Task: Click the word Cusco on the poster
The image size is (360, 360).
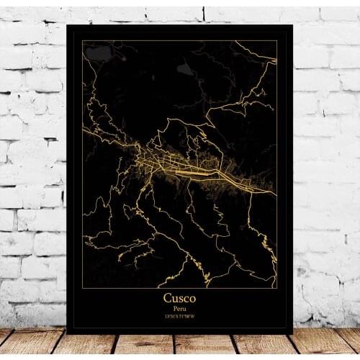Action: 179,297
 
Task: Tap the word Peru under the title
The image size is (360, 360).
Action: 179,308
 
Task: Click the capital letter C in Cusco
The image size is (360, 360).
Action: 167,297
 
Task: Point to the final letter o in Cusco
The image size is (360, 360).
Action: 192,298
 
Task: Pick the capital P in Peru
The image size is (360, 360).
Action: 174,308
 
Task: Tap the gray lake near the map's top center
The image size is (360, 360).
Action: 185,70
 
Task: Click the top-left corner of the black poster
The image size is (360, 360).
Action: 66,25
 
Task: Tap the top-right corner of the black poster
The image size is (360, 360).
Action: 292,25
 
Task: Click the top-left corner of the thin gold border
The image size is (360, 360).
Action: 82,41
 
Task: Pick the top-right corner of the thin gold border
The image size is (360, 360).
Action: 277,41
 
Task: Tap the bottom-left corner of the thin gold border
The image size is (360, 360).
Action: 82,287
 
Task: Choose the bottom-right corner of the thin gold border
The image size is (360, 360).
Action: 277,287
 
